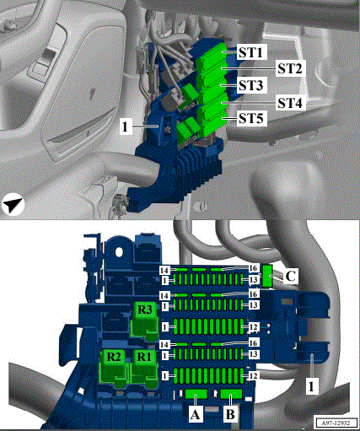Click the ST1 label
pyautogui.click(x=251, y=52)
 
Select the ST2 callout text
pyautogui.click(x=290, y=68)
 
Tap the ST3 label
pyautogui.click(x=251, y=85)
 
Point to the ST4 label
pyautogui.click(x=290, y=103)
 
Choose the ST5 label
pyautogui.click(x=251, y=118)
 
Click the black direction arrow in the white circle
pyautogui.click(x=13, y=205)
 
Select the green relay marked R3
pyautogui.click(x=144, y=321)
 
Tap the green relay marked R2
pyautogui.click(x=114, y=368)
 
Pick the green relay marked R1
pyautogui.click(x=145, y=368)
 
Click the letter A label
pyautogui.click(x=196, y=414)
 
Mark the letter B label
pyautogui.click(x=230, y=414)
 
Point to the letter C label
pyautogui.click(x=290, y=276)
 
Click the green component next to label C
pyautogui.click(x=267, y=276)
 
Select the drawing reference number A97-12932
pyautogui.click(x=336, y=423)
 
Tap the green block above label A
pyautogui.click(x=196, y=394)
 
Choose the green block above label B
pyautogui.click(x=231, y=394)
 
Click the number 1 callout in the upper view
pyautogui.click(x=126, y=127)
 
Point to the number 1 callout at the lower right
pyautogui.click(x=312, y=386)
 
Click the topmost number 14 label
pyautogui.click(x=164, y=271)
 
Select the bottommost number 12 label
pyautogui.click(x=253, y=376)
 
